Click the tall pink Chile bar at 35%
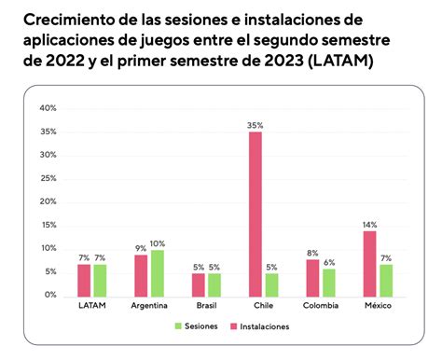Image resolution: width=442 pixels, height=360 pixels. point(255,213)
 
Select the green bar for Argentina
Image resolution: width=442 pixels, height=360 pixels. point(157,271)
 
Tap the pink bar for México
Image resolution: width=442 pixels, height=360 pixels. point(369,262)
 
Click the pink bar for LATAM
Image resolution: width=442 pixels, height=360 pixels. point(84,279)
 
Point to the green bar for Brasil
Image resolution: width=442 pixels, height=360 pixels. point(214,284)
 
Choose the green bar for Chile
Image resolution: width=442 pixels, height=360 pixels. point(271,284)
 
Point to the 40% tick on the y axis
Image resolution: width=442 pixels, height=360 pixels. point(47,108)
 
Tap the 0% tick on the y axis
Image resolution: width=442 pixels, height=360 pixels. point(49,295)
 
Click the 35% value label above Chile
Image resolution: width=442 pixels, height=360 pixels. point(255,124)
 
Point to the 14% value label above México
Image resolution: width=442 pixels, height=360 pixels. point(369,223)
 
